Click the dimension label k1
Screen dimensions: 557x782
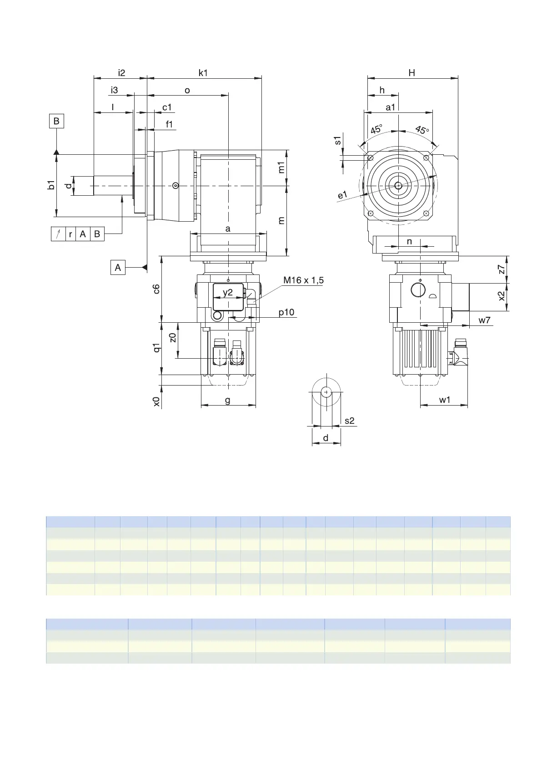pyautogui.click(x=203, y=73)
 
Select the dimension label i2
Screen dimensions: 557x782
pyautogui.click(x=121, y=73)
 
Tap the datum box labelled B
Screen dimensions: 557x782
pyautogui.click(x=56, y=121)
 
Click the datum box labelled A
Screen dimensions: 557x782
pyautogui.click(x=118, y=267)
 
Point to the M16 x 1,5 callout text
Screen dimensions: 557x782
pyautogui.click(x=303, y=280)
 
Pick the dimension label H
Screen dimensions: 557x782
pyautogui.click(x=412, y=73)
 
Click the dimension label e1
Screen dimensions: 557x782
pyautogui.click(x=342, y=195)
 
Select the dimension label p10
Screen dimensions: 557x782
pyautogui.click(x=286, y=312)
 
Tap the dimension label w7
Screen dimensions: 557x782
pyautogui.click(x=485, y=320)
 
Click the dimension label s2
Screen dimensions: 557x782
pyautogui.click(x=349, y=421)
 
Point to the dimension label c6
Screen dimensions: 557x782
pyautogui.click(x=156, y=289)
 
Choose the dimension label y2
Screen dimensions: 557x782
pyautogui.click(x=228, y=292)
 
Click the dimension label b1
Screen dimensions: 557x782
pyautogui.click(x=51, y=185)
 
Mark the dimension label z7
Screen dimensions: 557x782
pyautogui.click(x=502, y=269)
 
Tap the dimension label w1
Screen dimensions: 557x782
pyautogui.click(x=445, y=400)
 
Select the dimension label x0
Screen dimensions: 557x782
pyautogui.click(x=156, y=401)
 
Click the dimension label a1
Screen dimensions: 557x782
pyautogui.click(x=391, y=107)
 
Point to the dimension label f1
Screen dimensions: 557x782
pyautogui.click(x=170, y=124)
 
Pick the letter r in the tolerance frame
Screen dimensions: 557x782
pyautogui.click(x=70, y=234)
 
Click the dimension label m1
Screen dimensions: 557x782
pyautogui.click(x=281, y=168)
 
